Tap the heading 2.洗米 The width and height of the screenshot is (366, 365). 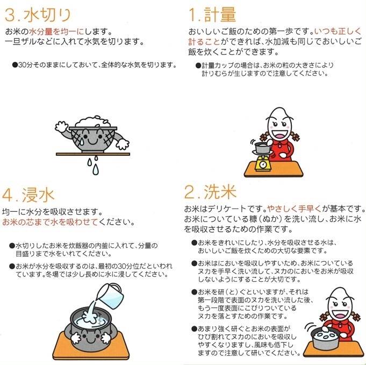coord(210,192)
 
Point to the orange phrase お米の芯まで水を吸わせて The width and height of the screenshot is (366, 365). coord(51,221)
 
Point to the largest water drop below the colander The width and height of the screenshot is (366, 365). coord(95,169)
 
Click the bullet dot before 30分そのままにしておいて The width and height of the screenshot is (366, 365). coord(15,65)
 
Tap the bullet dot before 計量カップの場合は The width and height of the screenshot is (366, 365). coord(198,65)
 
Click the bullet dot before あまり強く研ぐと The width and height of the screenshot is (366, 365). coord(193,328)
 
